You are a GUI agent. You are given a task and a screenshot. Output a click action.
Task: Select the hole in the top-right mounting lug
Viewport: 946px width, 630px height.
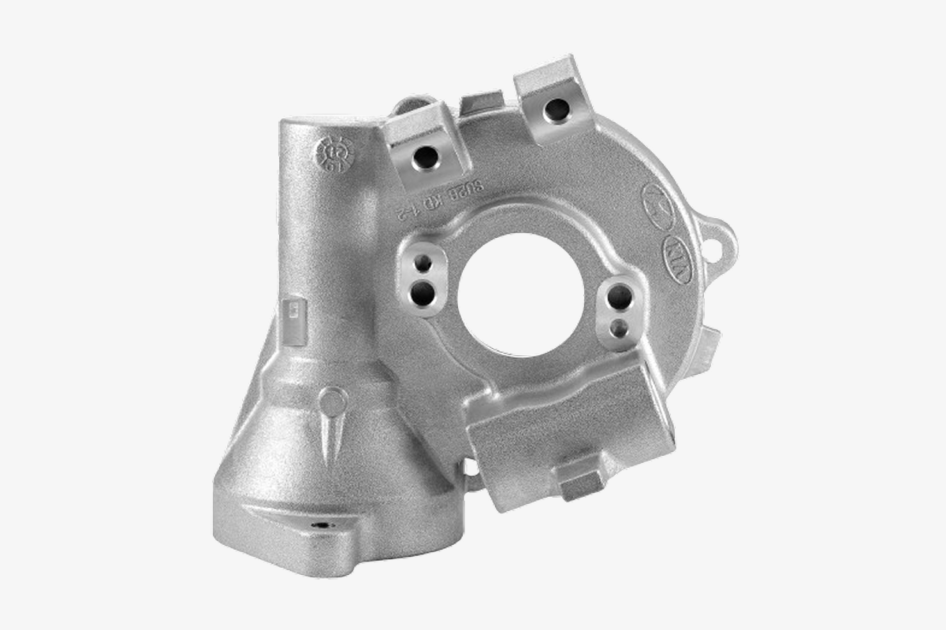coord(557,109)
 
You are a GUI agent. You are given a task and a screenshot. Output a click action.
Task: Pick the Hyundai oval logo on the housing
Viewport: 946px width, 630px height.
coord(658,201)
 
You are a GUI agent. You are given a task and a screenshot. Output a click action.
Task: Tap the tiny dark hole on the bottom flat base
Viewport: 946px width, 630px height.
coord(319,524)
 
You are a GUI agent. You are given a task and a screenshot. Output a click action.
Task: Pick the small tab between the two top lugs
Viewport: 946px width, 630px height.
coord(482,103)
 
